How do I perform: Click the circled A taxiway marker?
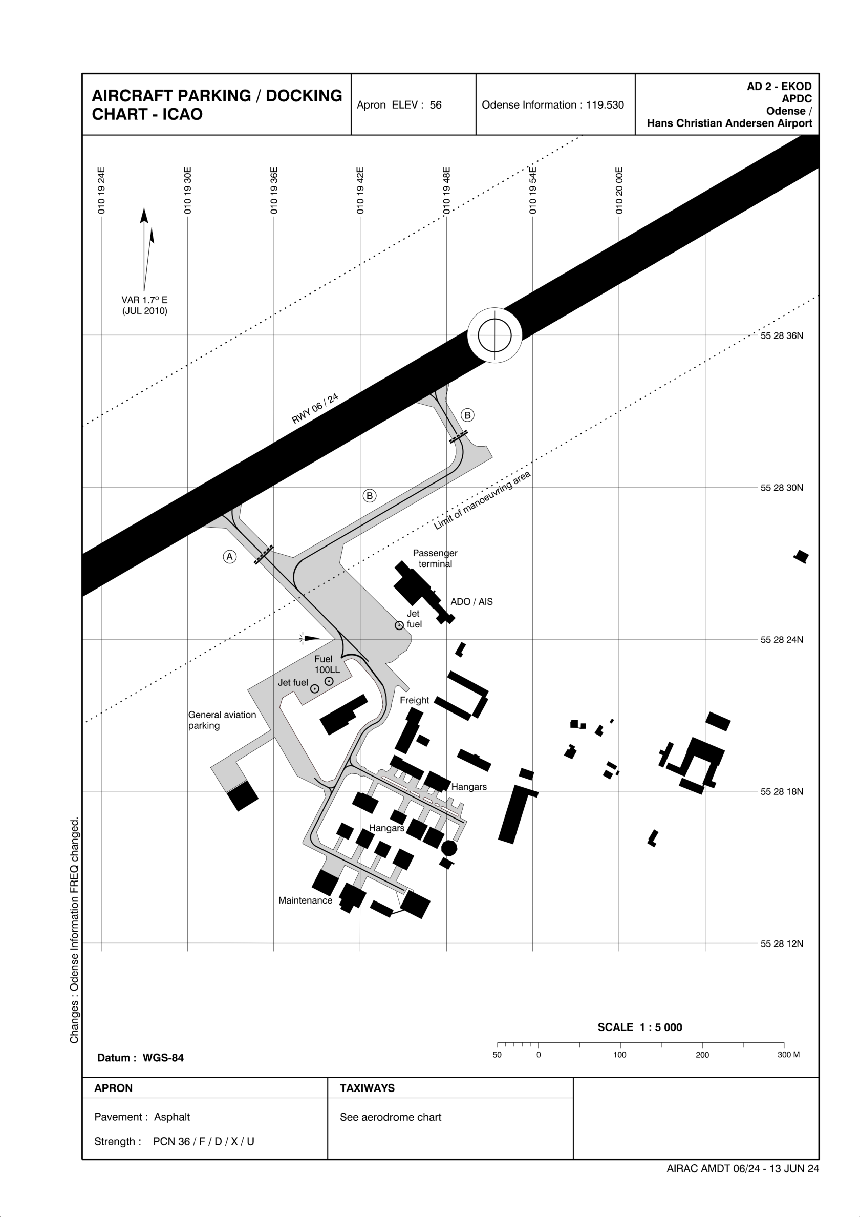(x=229, y=557)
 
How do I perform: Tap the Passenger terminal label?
(x=435, y=558)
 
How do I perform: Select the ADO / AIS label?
(x=471, y=602)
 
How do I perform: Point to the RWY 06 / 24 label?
(x=315, y=409)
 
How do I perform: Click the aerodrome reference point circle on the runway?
(x=494, y=335)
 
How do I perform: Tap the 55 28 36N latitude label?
(x=782, y=335)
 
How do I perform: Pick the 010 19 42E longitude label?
(x=360, y=191)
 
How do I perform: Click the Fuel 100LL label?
(x=327, y=664)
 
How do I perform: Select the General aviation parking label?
(x=222, y=720)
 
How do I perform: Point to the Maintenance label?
(x=305, y=900)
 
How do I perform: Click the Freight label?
(x=414, y=700)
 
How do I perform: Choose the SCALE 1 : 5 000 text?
(x=639, y=1027)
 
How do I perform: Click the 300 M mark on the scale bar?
(x=788, y=1055)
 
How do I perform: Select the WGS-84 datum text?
(x=163, y=1058)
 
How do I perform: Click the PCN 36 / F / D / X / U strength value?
(x=203, y=1141)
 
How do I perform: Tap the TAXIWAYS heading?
(x=367, y=1088)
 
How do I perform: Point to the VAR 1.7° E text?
(x=145, y=300)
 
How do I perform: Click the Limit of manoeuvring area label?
(x=482, y=500)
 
